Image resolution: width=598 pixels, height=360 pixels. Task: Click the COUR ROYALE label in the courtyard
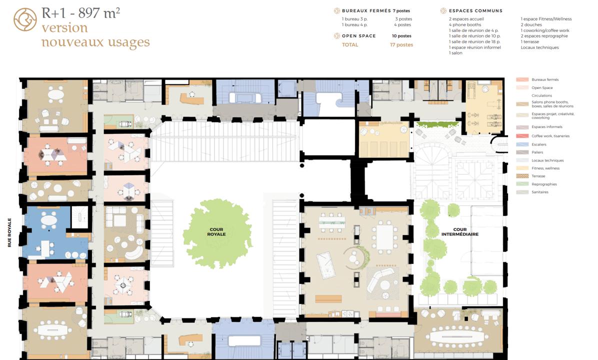pos(216,232)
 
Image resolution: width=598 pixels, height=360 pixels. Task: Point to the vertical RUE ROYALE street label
pos(9,232)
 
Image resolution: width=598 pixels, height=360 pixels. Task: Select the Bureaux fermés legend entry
pos(545,79)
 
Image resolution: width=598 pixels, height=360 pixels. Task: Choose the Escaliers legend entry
pos(540,144)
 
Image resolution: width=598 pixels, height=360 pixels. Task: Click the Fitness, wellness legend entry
pos(545,168)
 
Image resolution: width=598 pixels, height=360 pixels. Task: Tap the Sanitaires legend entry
pos(540,192)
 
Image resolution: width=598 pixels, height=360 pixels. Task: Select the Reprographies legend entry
pos(544,184)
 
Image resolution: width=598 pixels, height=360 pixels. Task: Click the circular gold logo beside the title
pos(25,19)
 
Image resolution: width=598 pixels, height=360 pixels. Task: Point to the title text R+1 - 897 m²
pos(80,13)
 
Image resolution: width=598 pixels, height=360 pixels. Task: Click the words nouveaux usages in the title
pos(95,42)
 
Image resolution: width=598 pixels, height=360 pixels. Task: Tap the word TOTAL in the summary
pos(350,44)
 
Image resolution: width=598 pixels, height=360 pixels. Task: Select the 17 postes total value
pos(401,44)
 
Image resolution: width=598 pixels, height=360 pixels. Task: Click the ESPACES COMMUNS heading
pos(475,10)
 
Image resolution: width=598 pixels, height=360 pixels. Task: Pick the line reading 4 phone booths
pos(465,24)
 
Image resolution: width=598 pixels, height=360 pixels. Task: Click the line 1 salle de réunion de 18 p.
pos(474,42)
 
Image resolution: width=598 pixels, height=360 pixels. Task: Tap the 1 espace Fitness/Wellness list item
pos(546,19)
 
